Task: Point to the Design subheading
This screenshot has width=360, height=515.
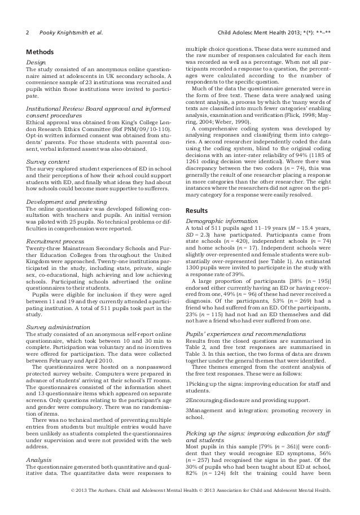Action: (38, 63)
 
